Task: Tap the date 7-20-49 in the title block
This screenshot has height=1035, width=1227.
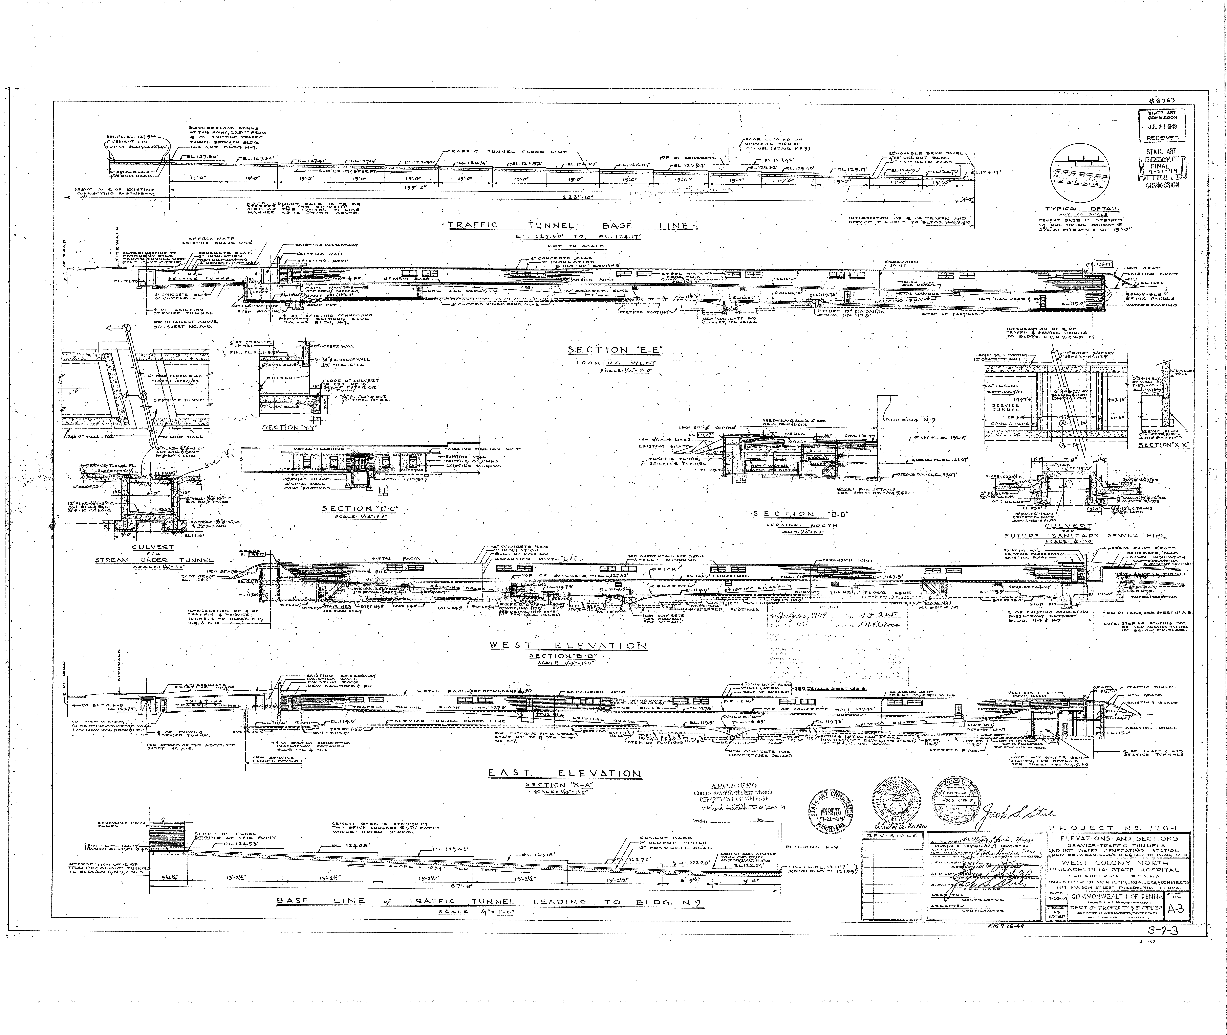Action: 1055,898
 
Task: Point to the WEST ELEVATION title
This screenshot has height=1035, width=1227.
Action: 568,645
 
